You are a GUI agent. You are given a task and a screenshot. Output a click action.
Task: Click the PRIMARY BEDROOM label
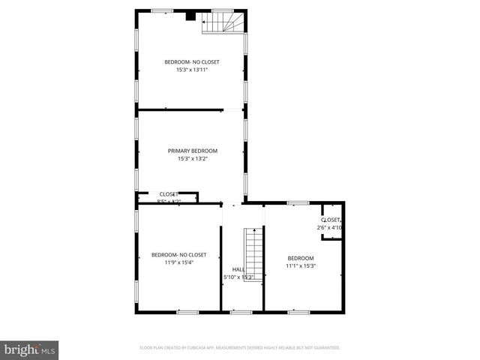[192, 151]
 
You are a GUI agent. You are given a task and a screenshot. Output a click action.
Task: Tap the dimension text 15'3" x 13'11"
[192, 71]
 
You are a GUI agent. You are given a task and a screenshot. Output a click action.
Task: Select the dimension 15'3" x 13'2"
[192, 159]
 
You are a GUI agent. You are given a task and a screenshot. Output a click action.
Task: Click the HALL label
[238, 269]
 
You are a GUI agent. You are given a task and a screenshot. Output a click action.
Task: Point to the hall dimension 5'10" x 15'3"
[239, 277]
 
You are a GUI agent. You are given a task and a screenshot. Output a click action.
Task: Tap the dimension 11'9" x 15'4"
[178, 262]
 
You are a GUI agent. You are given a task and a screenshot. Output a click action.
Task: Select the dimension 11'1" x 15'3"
[301, 265]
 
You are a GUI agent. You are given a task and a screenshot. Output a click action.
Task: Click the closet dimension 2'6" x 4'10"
[330, 227]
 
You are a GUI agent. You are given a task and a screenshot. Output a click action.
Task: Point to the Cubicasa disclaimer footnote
[240, 348]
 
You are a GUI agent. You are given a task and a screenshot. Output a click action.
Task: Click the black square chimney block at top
[190, 15]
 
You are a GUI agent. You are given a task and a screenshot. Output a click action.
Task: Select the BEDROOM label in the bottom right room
[300, 257]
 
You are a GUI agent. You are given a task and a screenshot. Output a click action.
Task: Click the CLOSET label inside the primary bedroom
[169, 194]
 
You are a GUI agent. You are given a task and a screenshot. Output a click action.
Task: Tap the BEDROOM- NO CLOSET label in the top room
[192, 62]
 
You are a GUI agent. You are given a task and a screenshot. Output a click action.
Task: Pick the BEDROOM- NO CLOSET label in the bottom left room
[178, 254]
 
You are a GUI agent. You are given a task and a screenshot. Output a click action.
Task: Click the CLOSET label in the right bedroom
[331, 220]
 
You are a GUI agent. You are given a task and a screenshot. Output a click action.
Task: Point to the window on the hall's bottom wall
[241, 312]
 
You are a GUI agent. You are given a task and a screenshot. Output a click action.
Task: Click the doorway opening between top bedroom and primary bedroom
[233, 110]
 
